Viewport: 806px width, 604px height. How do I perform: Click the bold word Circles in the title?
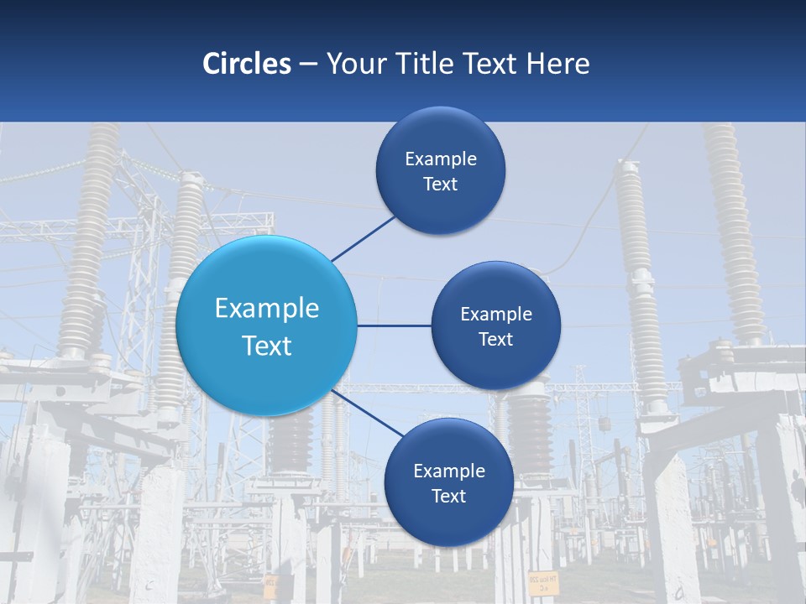click(x=247, y=64)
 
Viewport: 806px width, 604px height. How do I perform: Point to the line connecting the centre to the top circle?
click(x=363, y=238)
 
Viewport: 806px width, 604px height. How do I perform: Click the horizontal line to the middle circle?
click(x=394, y=325)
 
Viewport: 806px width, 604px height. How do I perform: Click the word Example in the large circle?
click(x=267, y=309)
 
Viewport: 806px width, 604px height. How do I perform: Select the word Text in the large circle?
click(x=267, y=346)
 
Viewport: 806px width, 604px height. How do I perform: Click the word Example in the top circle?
click(x=441, y=159)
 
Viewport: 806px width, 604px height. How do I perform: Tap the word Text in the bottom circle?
click(x=448, y=497)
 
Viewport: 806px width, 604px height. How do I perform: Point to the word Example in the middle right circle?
click(x=496, y=315)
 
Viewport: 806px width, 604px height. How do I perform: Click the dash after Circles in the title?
click(x=307, y=64)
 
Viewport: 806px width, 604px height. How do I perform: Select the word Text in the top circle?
click(x=440, y=185)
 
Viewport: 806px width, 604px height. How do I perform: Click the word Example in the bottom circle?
click(x=449, y=471)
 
